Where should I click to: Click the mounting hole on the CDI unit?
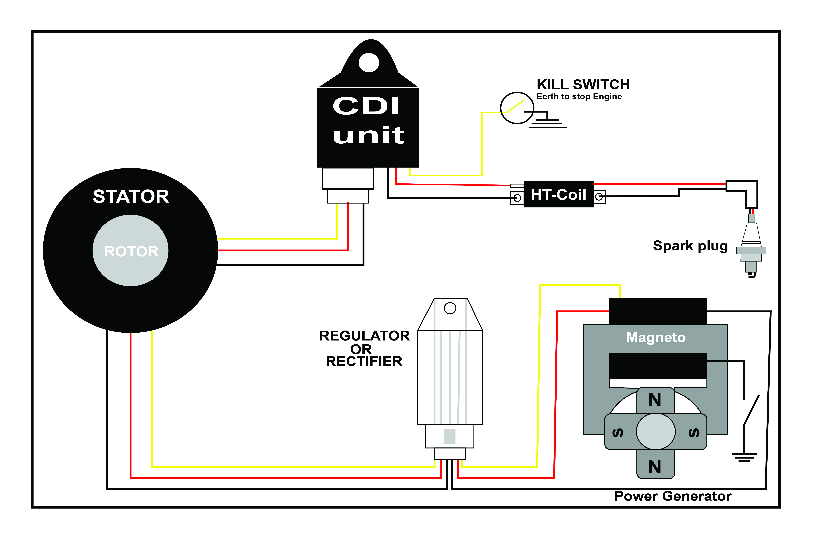tap(369, 63)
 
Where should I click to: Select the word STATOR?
tap(131, 197)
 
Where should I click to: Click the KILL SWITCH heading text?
tap(583, 85)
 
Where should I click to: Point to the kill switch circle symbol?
tap(517, 108)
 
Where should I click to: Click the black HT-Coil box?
tap(559, 194)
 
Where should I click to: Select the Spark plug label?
tap(690, 246)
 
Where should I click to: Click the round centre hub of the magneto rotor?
tap(655, 432)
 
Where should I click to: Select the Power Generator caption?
tap(673, 496)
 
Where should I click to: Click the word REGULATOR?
tap(364, 336)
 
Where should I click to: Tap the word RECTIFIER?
tap(364, 361)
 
